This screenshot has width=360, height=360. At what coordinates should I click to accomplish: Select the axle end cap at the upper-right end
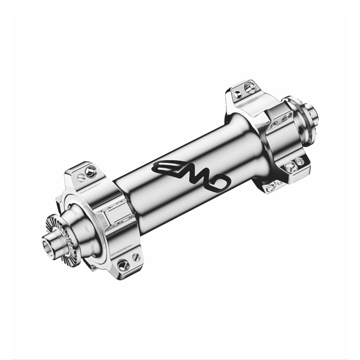[x=312, y=114]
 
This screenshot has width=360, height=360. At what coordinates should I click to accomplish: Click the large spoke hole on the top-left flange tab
[x=90, y=171]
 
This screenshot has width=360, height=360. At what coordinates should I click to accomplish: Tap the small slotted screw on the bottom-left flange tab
[x=136, y=257]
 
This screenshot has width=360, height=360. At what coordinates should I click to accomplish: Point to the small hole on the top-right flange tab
[x=237, y=94]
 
